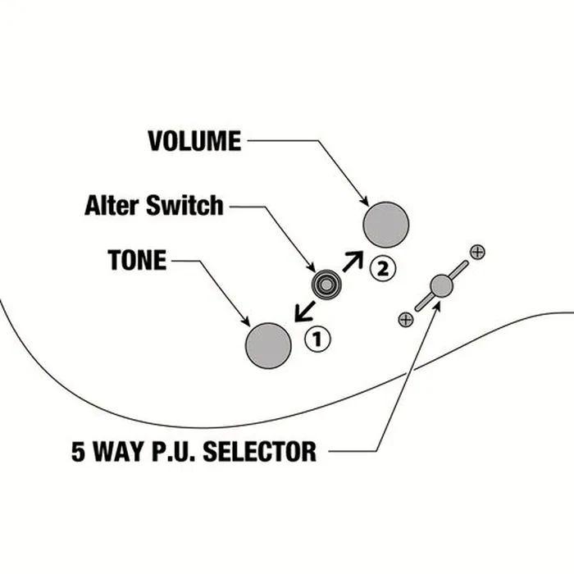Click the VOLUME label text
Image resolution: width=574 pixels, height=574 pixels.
[x=194, y=141]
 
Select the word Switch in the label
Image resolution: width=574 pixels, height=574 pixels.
[x=184, y=205]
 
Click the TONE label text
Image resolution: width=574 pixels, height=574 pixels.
[x=137, y=260]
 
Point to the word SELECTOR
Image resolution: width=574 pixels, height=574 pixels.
[x=260, y=451]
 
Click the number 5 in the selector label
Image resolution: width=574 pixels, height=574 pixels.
[x=78, y=451]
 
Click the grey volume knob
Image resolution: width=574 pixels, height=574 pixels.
[x=386, y=225]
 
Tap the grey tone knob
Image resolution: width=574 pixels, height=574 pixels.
[x=268, y=345]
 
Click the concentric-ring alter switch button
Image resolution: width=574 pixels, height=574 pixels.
[x=326, y=285]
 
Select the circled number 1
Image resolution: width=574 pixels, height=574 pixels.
[x=317, y=339]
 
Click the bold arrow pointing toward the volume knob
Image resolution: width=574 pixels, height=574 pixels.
[x=353, y=261]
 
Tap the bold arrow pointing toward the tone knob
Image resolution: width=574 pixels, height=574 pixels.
[x=305, y=312]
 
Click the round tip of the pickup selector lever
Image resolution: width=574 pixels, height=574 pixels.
[x=441, y=286]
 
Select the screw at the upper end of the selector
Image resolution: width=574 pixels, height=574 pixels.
[x=477, y=252]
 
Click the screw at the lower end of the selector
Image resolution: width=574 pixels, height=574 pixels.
[x=406, y=319]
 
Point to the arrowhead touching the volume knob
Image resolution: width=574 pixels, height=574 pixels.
[x=365, y=201]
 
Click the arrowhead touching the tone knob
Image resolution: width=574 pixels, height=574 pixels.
[x=246, y=321]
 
